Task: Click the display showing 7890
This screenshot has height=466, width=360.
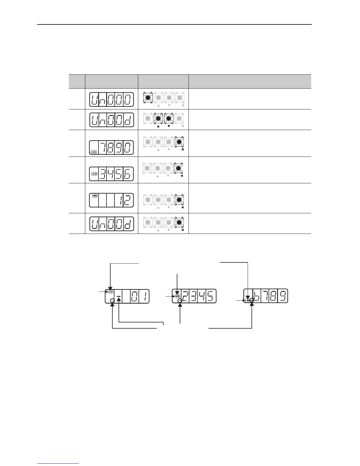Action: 111,148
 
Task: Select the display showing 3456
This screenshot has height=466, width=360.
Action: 111,174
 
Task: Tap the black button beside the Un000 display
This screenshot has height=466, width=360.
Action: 148,98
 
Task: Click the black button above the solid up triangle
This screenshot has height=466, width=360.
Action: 158,118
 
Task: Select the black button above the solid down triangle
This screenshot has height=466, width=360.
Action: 169,118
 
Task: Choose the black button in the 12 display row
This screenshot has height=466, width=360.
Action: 179,200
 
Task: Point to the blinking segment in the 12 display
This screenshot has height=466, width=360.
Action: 94,195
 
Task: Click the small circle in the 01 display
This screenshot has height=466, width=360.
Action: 112,300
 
